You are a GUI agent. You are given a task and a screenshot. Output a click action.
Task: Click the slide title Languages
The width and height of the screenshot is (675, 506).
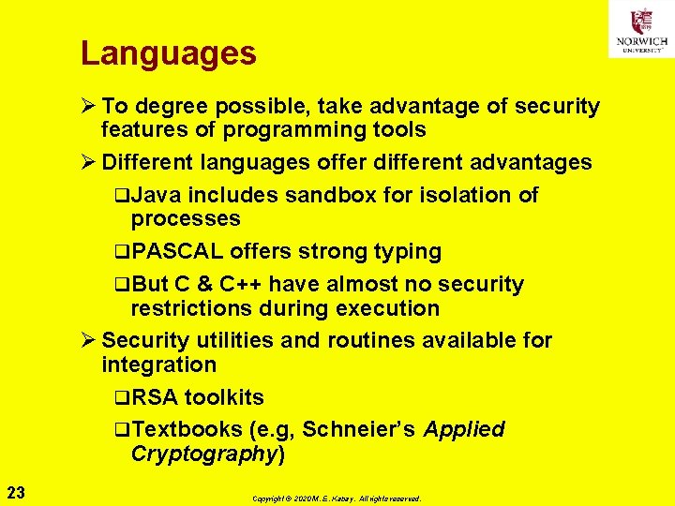(169, 53)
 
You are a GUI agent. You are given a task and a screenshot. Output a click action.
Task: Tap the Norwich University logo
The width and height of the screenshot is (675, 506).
(641, 29)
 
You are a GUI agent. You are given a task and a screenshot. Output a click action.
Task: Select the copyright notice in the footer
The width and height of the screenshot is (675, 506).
(337, 499)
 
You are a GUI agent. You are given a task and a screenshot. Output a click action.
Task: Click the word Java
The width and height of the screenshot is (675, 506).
(157, 195)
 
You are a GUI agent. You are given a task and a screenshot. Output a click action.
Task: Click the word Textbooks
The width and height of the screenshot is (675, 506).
(187, 429)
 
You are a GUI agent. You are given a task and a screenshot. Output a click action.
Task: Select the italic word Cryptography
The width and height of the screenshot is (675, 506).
(202, 454)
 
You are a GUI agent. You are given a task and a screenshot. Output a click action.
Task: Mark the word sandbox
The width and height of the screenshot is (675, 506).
(324, 195)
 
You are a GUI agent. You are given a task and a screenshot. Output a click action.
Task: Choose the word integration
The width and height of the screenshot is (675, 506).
(158, 365)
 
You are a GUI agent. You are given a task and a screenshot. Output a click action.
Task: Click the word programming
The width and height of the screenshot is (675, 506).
(301, 129)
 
